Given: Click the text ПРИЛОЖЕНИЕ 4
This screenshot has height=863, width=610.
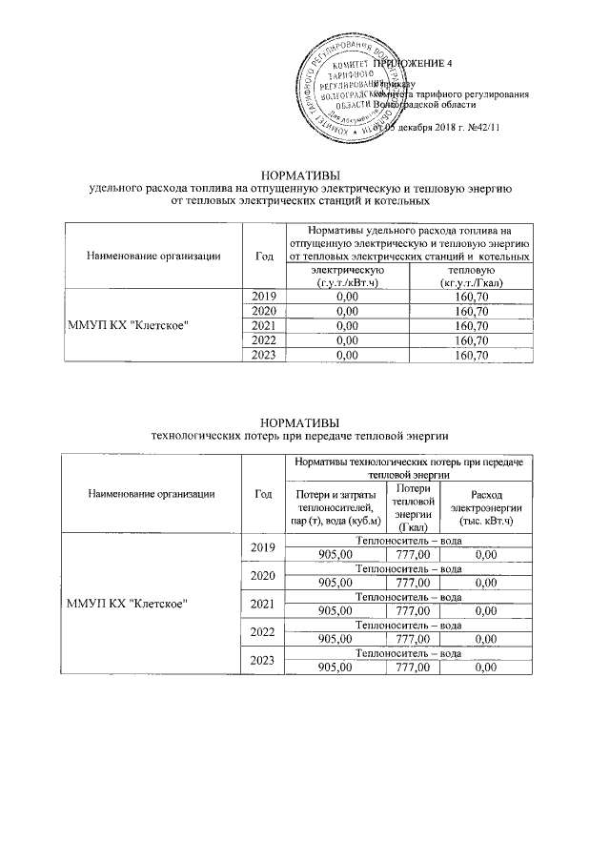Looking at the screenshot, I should pos(419,63).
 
